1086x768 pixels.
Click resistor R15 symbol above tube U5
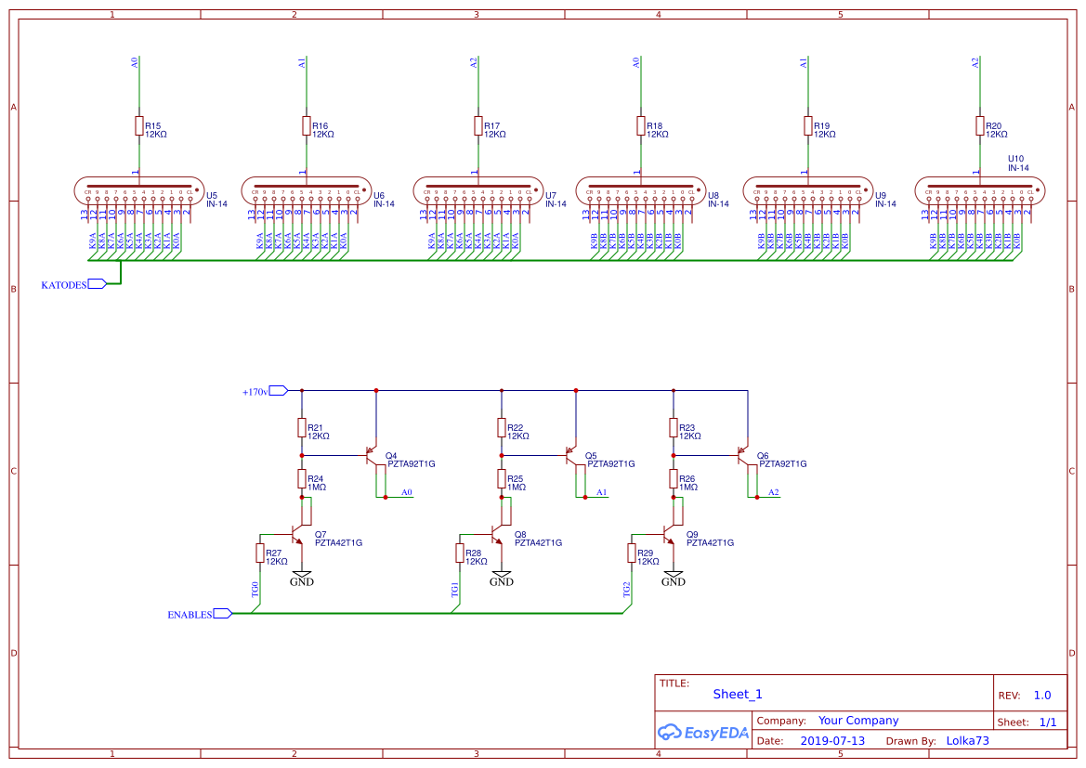pos(139,126)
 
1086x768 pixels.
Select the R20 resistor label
pos(993,125)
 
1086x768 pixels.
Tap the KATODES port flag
pos(97,284)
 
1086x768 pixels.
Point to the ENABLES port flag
pos(223,614)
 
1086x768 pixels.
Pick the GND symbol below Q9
pos(674,579)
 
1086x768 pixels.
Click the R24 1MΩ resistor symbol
pos(302,479)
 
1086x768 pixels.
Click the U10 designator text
pos(1015,159)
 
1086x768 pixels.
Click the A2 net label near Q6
pos(774,491)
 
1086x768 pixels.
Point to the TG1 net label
pos(454,591)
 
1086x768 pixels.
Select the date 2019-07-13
pos(832,741)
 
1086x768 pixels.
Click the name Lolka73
pos(967,741)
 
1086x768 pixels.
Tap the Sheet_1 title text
pos(738,694)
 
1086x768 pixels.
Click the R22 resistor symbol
pos(502,428)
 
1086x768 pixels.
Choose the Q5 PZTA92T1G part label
pos(611,464)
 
